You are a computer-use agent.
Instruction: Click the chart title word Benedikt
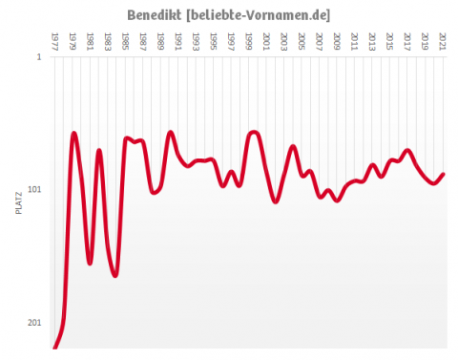tap(156, 15)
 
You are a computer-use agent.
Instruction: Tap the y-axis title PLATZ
tap(19, 203)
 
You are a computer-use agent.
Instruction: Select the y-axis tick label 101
tap(34, 190)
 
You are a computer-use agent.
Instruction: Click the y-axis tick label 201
tap(34, 323)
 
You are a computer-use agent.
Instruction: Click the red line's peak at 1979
tap(74, 134)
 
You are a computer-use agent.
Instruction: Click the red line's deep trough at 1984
tap(115, 275)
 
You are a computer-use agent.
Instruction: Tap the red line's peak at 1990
tap(171, 133)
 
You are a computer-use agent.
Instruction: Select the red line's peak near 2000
tap(254, 132)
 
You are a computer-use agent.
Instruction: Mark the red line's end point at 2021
tap(443, 174)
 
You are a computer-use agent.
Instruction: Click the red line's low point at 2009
tap(337, 200)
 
